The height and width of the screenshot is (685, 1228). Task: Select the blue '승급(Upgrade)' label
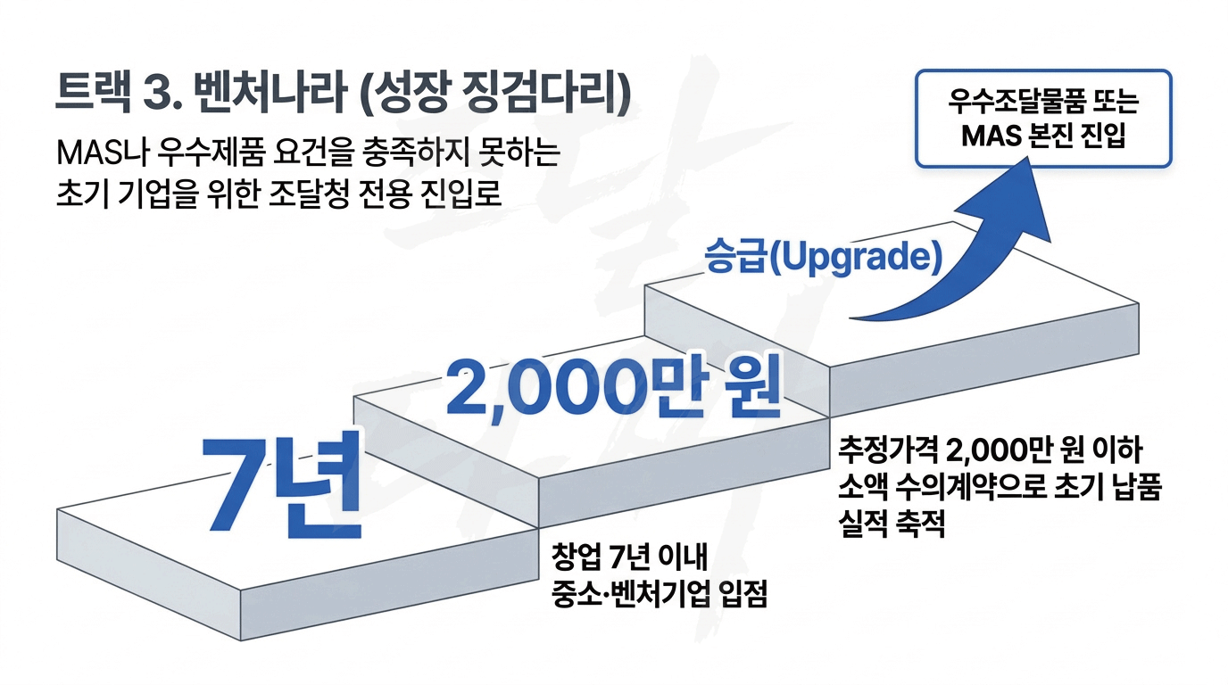tap(824, 258)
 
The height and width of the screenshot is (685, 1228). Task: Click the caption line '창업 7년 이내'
tap(629, 557)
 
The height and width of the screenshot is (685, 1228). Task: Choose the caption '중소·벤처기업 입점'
tap(659, 593)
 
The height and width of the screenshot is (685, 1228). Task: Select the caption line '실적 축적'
tap(892, 523)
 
